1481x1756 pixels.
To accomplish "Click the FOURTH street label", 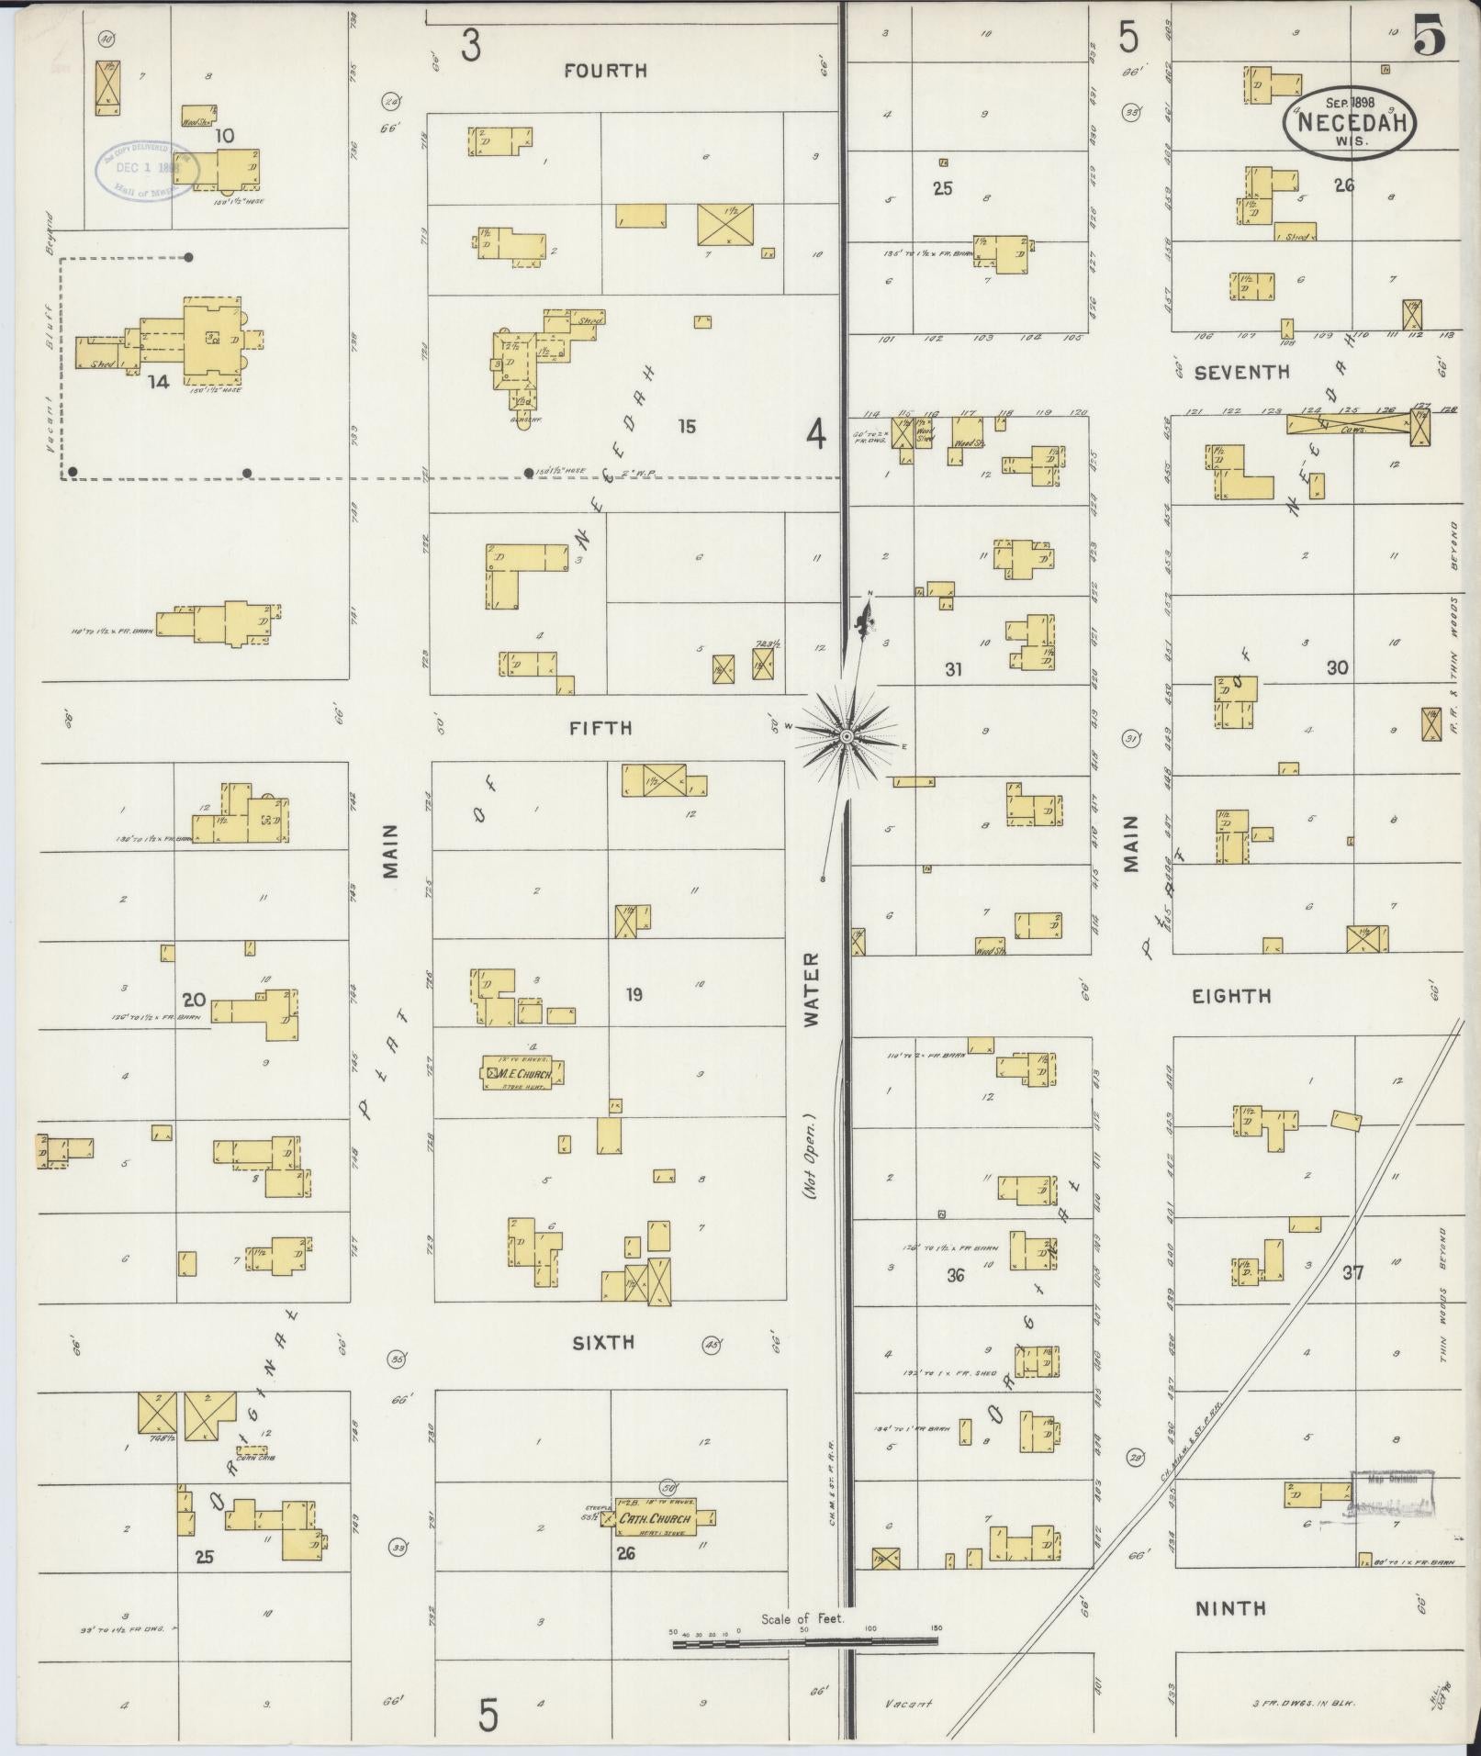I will click(605, 71).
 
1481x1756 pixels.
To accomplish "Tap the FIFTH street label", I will click(600, 728).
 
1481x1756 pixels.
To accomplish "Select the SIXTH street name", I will click(603, 1343).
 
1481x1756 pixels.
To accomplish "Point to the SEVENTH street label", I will click(1241, 373).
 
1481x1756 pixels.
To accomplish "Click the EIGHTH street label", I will click(1231, 996).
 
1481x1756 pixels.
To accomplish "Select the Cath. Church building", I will click(654, 1519).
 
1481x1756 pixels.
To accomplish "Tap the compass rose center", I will click(846, 735).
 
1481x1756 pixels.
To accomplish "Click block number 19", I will click(634, 994).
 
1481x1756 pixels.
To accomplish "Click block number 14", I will click(159, 382).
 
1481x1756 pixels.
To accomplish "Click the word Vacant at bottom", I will click(909, 1704).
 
